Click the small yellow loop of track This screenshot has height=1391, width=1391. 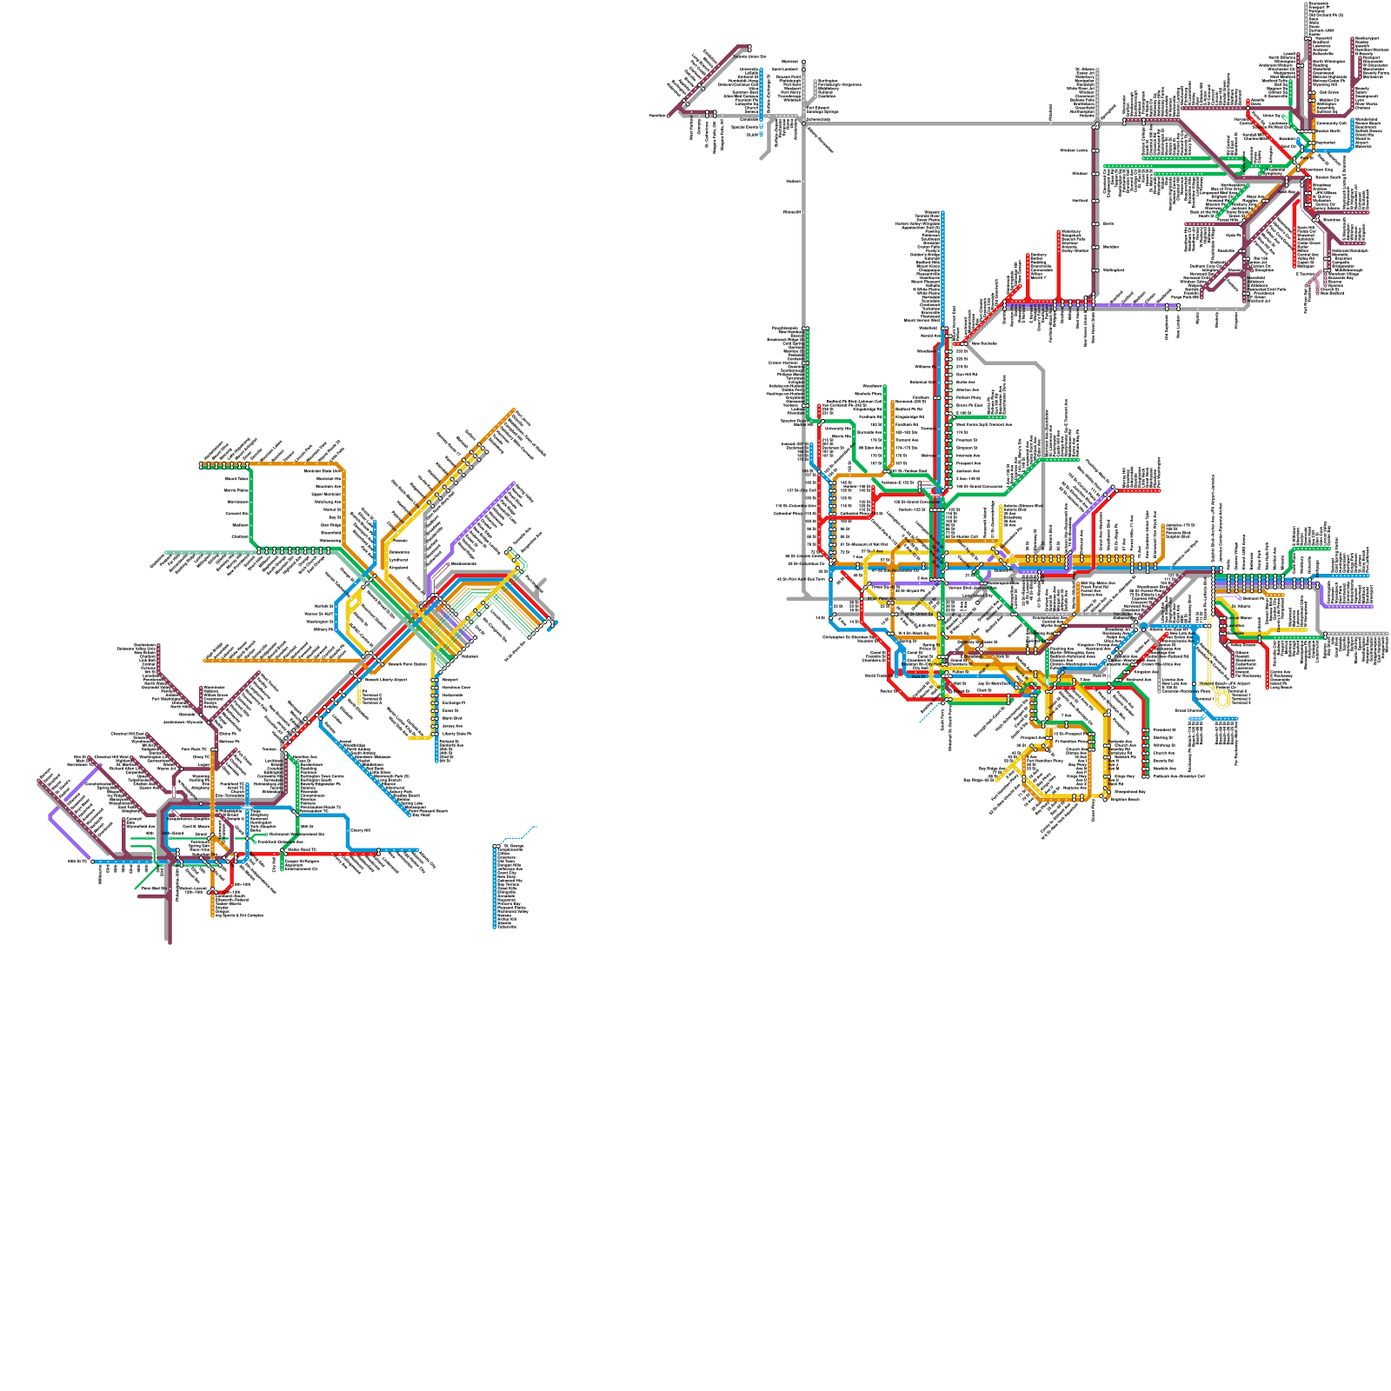[1224, 697]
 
